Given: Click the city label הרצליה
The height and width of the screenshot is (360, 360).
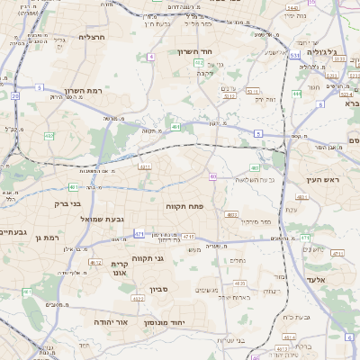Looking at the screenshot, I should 93,37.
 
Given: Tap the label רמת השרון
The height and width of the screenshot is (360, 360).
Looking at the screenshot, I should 85,91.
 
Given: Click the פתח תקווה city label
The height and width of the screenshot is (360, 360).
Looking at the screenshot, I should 185,206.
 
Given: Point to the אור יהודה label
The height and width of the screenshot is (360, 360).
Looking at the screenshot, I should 112,320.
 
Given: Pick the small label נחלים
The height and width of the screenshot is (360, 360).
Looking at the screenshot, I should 238,261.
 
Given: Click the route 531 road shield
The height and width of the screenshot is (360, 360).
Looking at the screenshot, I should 295,56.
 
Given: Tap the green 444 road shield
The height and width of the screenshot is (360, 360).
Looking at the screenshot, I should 297,94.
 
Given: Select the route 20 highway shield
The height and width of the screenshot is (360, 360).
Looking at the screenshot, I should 15,94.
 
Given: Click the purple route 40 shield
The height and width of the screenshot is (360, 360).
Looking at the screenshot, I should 212,176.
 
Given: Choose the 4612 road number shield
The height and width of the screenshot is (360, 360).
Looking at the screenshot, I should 94,262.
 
